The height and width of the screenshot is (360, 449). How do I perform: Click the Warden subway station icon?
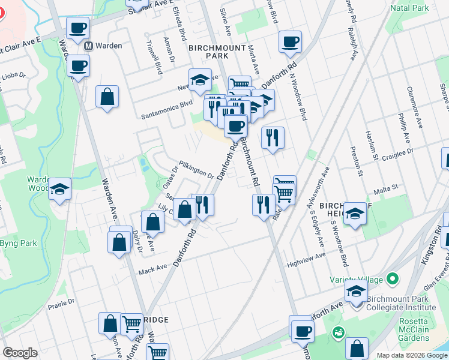coord(88,46)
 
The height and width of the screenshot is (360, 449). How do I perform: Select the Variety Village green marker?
coord(393,278)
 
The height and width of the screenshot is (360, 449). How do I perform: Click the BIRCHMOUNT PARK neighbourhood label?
coord(208,51)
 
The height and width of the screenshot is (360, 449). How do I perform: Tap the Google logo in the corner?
coord(20,353)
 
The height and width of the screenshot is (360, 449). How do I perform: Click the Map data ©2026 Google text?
coord(411,355)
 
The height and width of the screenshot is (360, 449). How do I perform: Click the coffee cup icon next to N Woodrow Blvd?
coord(290,42)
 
